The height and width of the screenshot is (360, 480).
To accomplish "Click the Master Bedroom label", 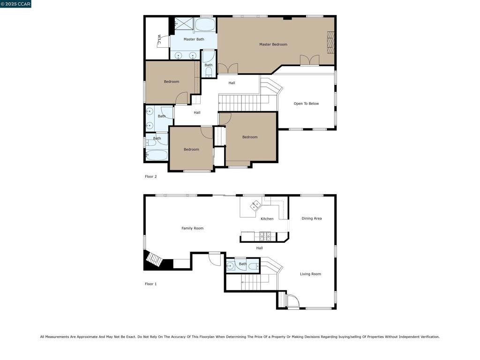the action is tap(273, 45).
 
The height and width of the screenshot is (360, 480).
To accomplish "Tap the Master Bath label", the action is tap(194, 39).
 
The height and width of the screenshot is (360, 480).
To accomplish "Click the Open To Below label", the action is tap(306, 104).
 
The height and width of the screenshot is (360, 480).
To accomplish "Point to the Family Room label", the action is tap(192, 228).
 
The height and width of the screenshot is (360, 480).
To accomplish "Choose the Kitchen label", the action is tap(267, 218).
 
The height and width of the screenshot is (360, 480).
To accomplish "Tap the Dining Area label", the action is tap(312, 218).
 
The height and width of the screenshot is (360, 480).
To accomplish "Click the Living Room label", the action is tap(310, 274).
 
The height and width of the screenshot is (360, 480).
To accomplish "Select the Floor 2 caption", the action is tap(150, 176).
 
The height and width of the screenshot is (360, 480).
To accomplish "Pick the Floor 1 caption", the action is tap(150, 284).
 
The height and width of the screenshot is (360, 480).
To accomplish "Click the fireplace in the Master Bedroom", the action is tap(330, 42).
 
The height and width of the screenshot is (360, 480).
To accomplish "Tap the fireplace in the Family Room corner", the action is tap(154, 261).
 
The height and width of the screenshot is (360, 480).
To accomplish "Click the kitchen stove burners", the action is tap(265, 236).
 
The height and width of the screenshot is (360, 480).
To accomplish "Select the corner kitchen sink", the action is tap(255, 205).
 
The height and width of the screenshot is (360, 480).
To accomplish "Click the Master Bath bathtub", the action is tap(205, 24).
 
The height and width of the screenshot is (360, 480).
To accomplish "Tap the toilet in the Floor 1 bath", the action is tap(254, 267).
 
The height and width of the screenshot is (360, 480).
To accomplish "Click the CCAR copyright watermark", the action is tap(15, 4).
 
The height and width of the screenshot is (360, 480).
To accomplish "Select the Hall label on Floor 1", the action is tap(259, 248).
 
